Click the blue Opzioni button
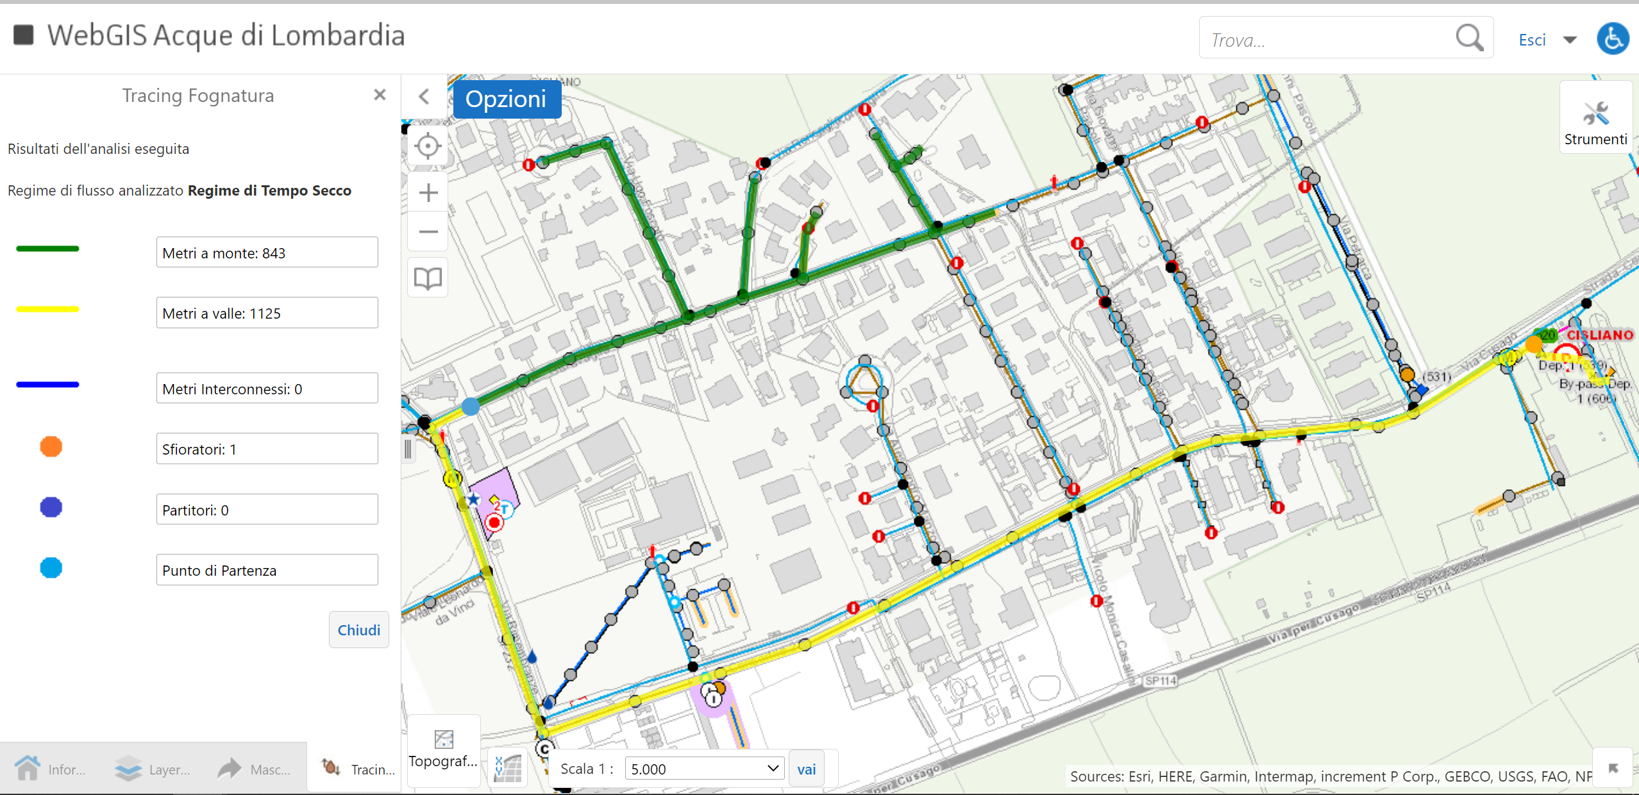click(x=506, y=99)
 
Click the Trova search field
click(x=1327, y=40)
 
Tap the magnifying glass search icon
click(x=1469, y=38)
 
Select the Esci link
click(x=1532, y=40)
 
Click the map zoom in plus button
click(x=428, y=192)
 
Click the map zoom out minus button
click(x=428, y=232)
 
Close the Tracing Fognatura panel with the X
click(x=380, y=95)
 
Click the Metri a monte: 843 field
click(x=267, y=253)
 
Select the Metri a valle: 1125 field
click(x=267, y=313)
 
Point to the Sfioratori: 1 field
click(x=267, y=449)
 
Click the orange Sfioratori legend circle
click(x=51, y=447)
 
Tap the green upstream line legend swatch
click(x=47, y=249)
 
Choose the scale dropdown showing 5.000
click(x=703, y=768)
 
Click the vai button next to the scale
click(x=806, y=769)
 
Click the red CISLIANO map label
click(x=1599, y=335)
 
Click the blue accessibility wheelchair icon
click(x=1613, y=39)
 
